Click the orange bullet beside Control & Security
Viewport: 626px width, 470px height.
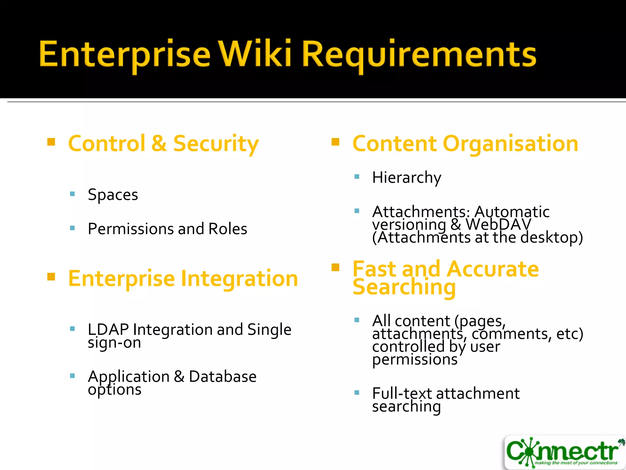point(51,142)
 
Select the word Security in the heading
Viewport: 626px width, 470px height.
point(216,144)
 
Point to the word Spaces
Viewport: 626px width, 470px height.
point(113,195)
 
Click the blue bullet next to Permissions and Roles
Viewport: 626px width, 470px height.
point(72,228)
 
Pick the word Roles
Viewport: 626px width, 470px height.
point(227,229)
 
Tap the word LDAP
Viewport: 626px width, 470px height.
point(108,330)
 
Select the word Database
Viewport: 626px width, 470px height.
point(223,376)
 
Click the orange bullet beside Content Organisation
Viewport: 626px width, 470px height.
point(335,142)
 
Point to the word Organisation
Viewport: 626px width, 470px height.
point(510,144)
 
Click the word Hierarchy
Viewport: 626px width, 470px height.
point(407,178)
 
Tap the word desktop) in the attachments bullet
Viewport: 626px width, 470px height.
point(551,237)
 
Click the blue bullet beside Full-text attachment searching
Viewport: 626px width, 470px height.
point(357,393)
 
